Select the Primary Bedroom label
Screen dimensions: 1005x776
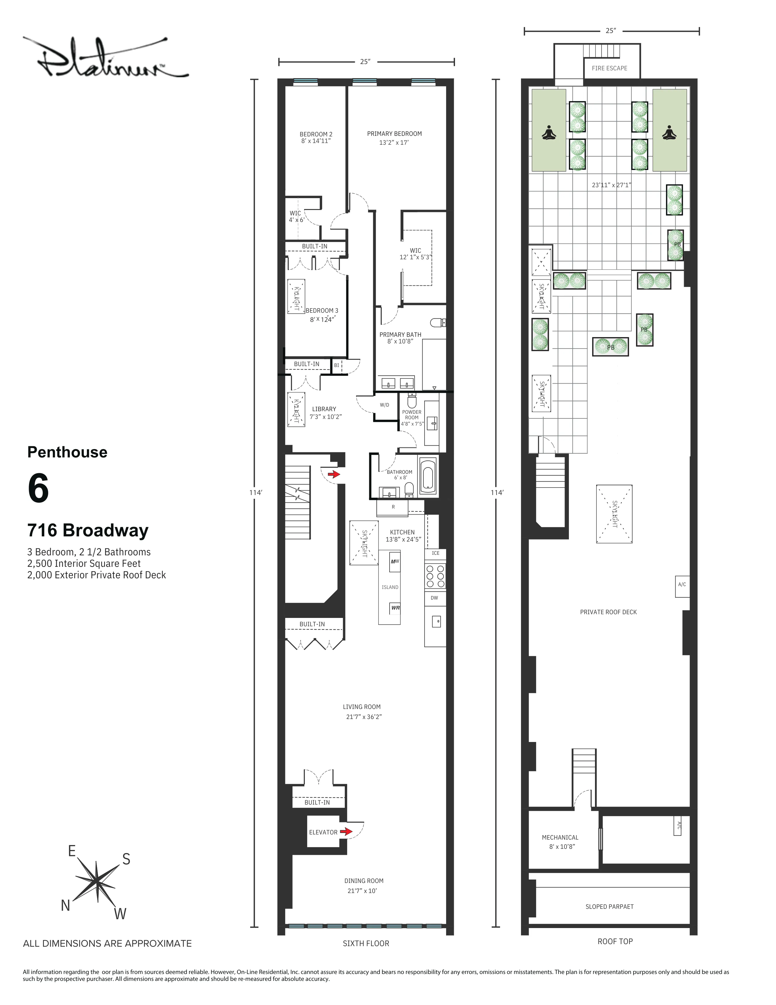(394, 134)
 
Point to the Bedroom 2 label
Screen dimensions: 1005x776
(316, 134)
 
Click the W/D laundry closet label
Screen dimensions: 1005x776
(384, 405)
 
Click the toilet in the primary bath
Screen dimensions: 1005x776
(439, 322)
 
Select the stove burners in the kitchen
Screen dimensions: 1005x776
(435, 576)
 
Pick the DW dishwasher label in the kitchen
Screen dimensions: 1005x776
(434, 598)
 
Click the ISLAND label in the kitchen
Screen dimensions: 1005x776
(390, 587)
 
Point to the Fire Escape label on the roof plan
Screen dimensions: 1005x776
(609, 68)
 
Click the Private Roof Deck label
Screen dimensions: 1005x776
(608, 612)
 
